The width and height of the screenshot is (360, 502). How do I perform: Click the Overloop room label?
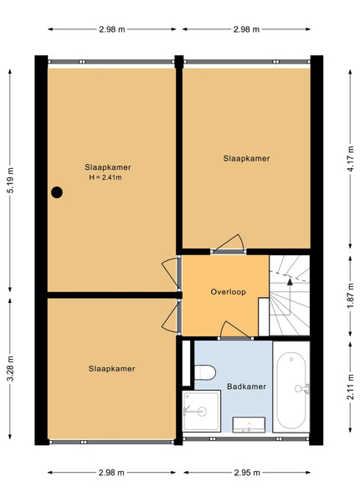tap(228, 292)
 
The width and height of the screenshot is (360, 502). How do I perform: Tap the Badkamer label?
tap(246, 387)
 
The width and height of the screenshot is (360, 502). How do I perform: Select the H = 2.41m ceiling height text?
tap(105, 177)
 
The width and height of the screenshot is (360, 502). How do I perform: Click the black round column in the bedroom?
tap(57, 192)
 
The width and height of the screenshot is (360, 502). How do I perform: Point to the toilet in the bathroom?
tap(204, 372)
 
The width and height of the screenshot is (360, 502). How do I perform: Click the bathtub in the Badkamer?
tap(291, 390)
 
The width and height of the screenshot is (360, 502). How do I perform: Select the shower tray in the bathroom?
tap(202, 411)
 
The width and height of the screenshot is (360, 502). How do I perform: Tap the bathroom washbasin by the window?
tap(249, 424)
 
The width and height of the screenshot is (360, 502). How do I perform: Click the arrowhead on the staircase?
tap(290, 282)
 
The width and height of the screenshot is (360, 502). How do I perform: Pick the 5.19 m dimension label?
tap(10, 180)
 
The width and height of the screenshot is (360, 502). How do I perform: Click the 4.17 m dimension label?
tap(351, 159)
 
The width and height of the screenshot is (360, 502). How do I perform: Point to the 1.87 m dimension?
tap(351, 296)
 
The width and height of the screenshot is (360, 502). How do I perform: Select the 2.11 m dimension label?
tap(351, 387)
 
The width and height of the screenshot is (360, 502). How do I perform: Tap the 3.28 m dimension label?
tap(10, 368)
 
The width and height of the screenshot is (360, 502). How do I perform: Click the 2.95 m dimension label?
tap(247, 473)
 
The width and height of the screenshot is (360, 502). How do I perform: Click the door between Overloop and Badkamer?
tap(235, 330)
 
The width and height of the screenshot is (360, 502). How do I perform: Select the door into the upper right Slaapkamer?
tap(228, 244)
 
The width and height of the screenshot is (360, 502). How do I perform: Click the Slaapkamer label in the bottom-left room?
tap(112, 369)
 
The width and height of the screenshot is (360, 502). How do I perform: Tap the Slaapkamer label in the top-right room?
tap(246, 158)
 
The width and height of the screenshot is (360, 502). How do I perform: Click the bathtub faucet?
tap(302, 388)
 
